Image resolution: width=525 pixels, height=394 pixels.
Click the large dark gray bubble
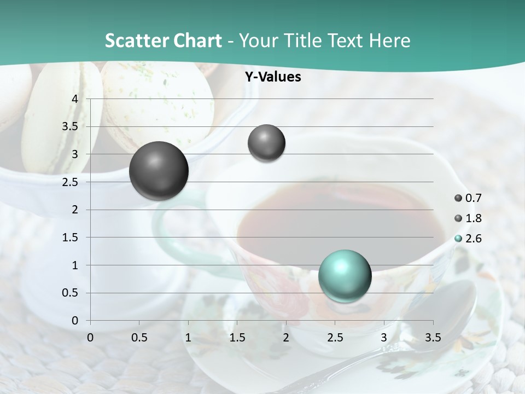(159, 170)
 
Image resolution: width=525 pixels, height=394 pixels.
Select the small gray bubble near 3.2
(266, 143)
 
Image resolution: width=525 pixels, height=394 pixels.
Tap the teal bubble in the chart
(345, 276)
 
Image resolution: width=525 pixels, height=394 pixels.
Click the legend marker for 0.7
(458, 198)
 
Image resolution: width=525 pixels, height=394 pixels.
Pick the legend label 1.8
(473, 218)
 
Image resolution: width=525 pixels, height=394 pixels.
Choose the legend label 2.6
(473, 239)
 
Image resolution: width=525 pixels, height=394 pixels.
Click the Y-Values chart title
(273, 77)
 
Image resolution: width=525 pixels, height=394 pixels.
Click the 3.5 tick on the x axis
(433, 338)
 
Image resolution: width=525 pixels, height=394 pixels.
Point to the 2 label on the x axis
(286, 338)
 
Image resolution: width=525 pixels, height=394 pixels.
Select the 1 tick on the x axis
(188, 338)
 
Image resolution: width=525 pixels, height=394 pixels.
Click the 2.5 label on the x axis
(335, 338)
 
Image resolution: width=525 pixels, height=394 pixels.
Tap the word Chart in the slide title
(197, 40)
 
